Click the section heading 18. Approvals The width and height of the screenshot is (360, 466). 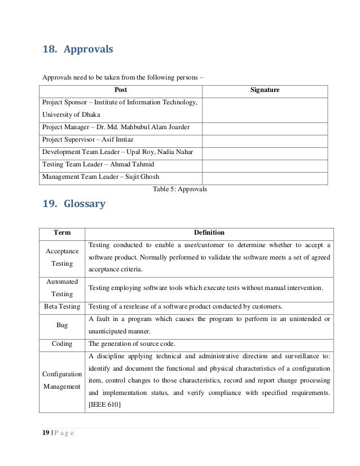click(x=78, y=50)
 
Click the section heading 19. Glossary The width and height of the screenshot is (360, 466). click(x=74, y=204)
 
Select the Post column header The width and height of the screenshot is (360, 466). click(x=121, y=90)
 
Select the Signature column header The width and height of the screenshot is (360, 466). click(x=265, y=90)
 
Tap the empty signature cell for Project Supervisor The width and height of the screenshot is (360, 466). click(x=265, y=139)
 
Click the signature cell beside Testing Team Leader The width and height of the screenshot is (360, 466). click(x=265, y=164)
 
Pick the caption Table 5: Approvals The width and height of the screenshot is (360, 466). click(x=180, y=189)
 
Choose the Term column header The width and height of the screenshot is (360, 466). click(x=62, y=232)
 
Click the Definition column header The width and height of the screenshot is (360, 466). click(x=209, y=232)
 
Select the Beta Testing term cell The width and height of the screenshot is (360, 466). click(x=62, y=306)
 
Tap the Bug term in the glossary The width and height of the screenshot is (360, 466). click(x=62, y=326)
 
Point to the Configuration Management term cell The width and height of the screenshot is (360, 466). click(x=62, y=380)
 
